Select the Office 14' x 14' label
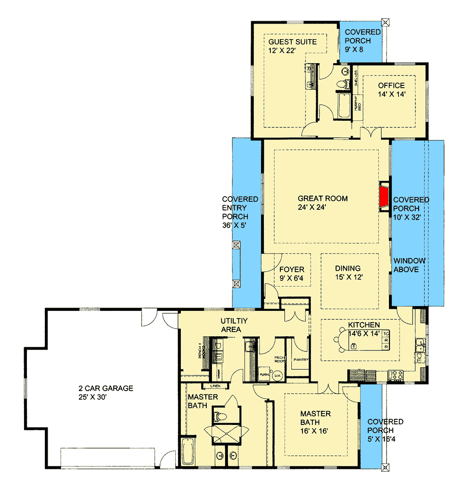point(391,90)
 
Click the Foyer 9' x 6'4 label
point(291,274)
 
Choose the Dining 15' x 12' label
point(348,273)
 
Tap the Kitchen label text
point(364,325)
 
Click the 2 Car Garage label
point(106,393)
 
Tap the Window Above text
point(410,265)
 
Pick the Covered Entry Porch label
point(240,208)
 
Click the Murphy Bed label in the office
point(357,102)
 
